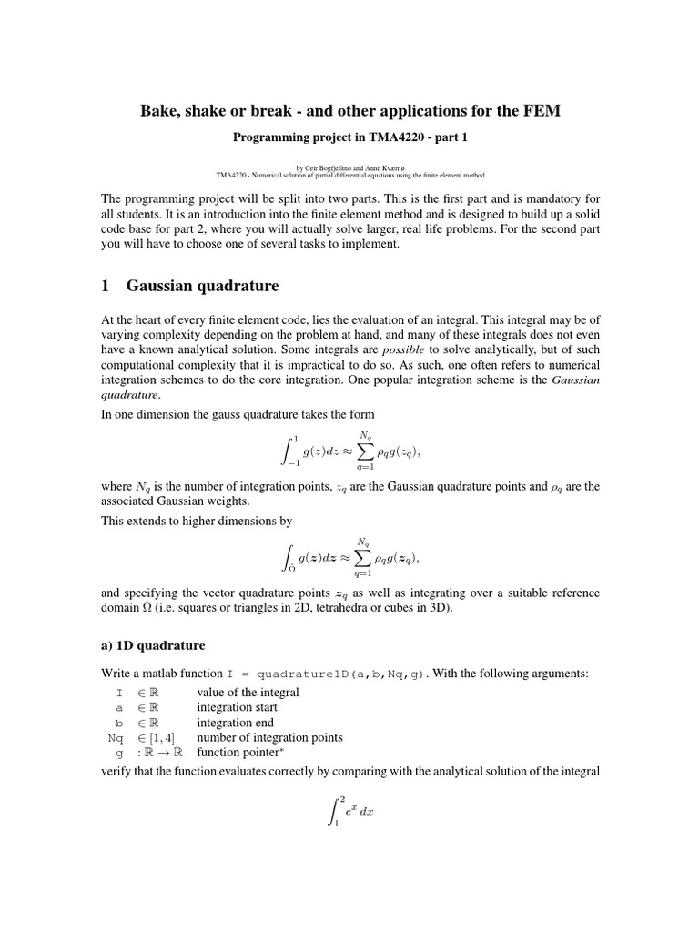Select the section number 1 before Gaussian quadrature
[x=105, y=286]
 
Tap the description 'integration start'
[x=238, y=707]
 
